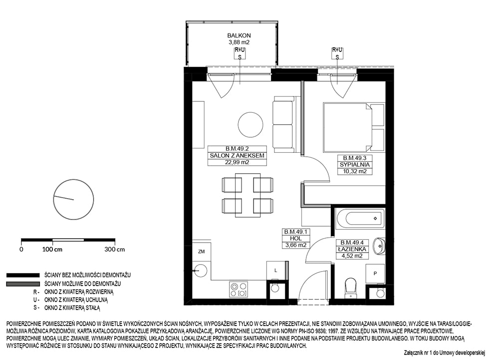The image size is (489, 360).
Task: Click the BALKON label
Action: (239, 35)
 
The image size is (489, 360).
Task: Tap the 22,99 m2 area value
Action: (237, 162)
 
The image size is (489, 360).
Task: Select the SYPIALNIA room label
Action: (355, 165)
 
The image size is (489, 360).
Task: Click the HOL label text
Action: (295, 238)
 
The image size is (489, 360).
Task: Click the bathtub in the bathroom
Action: (360, 218)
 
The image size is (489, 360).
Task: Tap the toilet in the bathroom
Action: (351, 287)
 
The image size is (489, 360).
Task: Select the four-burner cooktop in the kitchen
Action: (239, 290)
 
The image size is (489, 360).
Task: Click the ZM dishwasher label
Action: (201, 251)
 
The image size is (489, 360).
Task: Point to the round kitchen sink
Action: (199, 271)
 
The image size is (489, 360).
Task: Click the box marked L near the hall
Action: (275, 271)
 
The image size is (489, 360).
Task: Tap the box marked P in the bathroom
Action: (375, 274)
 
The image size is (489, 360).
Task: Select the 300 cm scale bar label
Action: (114, 249)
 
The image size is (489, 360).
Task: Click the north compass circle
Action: (74, 199)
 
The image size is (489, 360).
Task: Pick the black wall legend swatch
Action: (23, 275)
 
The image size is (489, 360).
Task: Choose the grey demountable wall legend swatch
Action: (23, 284)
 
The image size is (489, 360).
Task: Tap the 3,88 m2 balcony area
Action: (239, 42)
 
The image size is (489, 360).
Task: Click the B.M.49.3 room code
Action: (355, 158)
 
